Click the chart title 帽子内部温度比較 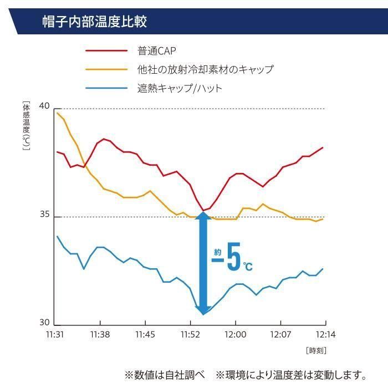[95, 23]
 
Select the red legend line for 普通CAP [106, 51]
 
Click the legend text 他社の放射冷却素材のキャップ [205, 69]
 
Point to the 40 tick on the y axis [45, 106]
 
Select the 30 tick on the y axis [45, 323]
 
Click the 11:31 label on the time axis [55, 334]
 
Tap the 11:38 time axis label [100, 334]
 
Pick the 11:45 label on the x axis [145, 334]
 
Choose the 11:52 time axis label [190, 334]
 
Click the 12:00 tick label [235, 334]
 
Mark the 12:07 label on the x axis [280, 334]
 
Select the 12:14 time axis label [325, 334]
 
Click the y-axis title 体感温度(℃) [25, 127]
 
